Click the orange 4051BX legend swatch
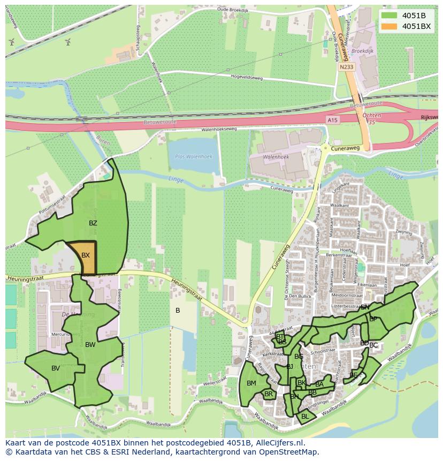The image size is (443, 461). [389, 26]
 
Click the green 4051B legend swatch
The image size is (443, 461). [389, 15]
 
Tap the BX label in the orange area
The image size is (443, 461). [86, 255]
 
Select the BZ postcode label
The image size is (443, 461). [93, 223]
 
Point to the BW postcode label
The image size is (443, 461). [90, 345]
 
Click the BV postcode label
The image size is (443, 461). [56, 368]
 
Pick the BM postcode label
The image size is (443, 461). [251, 383]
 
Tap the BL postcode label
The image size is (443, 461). [305, 416]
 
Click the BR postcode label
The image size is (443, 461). [269, 395]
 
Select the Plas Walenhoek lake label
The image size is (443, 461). [194, 156]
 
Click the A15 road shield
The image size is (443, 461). [333, 121]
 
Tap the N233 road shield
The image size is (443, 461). [346, 67]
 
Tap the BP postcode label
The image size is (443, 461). [373, 319]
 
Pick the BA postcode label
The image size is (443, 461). [319, 384]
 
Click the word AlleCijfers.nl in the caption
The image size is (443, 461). [279, 443]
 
